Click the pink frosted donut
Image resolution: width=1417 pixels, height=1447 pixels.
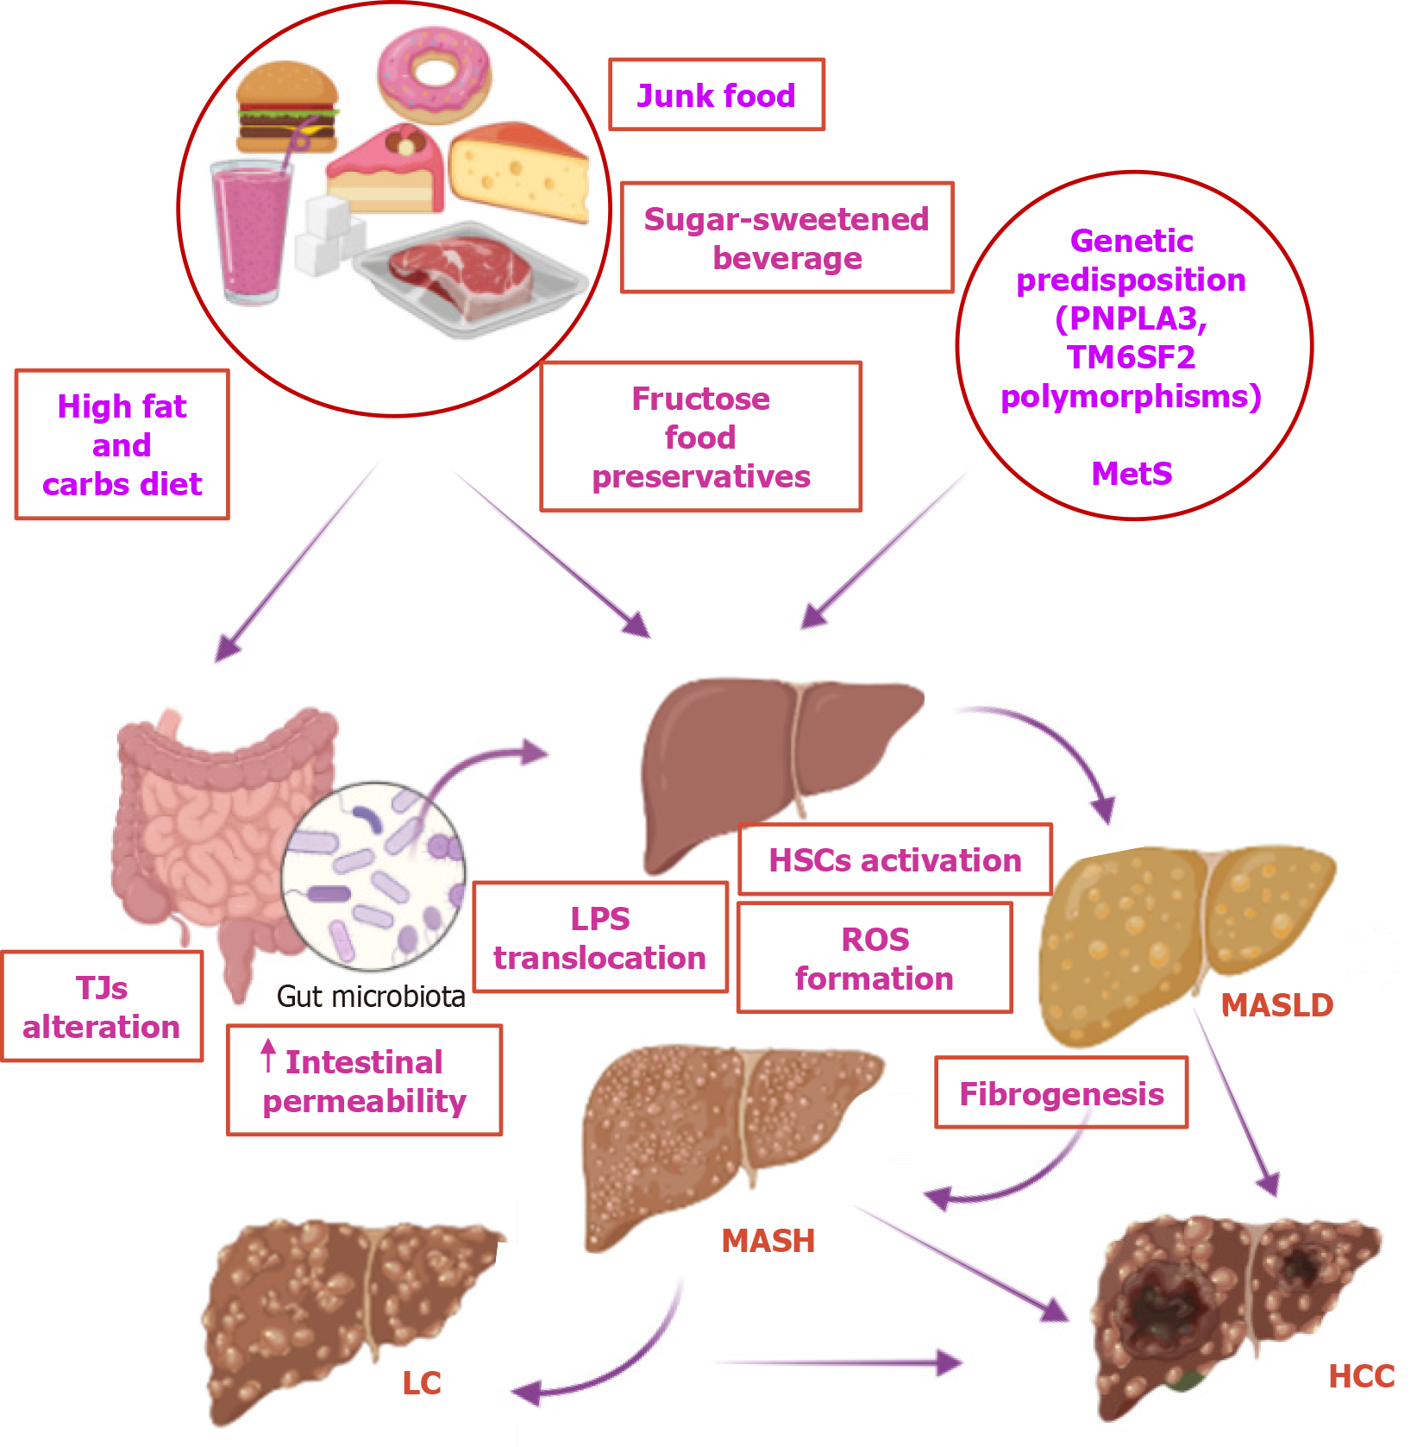(434, 75)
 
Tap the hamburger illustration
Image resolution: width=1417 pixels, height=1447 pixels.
(286, 107)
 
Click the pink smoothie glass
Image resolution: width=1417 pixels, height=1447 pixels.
(251, 231)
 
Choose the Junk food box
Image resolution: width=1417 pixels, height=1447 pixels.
(716, 95)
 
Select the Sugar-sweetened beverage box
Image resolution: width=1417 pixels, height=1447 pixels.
(787, 238)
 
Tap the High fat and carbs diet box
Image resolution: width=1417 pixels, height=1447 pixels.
(122, 445)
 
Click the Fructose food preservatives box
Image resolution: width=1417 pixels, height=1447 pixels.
(700, 437)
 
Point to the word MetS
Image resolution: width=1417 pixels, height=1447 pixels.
(1132, 474)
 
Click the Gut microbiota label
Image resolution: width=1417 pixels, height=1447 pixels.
(371, 997)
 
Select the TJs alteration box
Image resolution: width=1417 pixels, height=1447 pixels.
(102, 1007)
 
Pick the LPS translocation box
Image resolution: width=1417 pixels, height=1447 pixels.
(600, 938)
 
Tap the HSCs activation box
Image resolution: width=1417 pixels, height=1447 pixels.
(895, 860)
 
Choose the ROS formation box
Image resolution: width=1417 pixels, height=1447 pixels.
(875, 959)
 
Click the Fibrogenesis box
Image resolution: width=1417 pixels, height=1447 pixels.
(1062, 1093)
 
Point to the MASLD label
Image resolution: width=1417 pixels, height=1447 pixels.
(1277, 1005)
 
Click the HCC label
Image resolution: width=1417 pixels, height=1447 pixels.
(1361, 1376)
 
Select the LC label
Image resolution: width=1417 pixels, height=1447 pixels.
(422, 1383)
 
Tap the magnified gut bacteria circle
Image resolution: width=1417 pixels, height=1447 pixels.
(373, 876)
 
